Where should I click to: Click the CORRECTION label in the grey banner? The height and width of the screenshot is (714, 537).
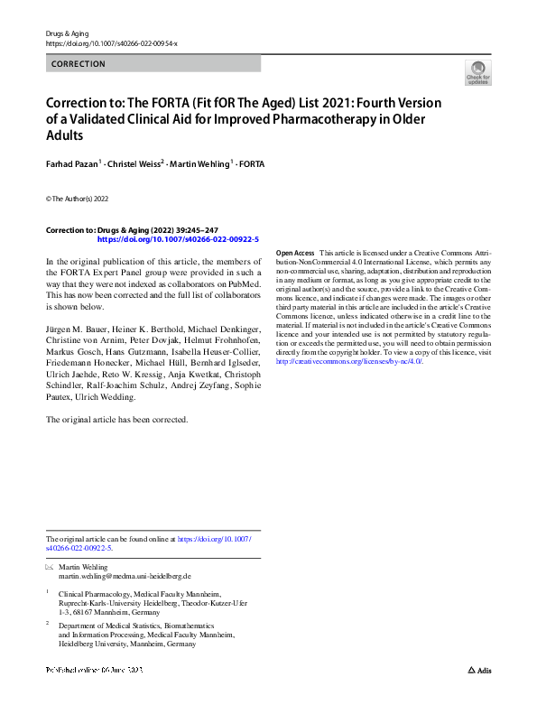point(79,64)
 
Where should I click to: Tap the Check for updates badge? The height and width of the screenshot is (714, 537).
point(477,73)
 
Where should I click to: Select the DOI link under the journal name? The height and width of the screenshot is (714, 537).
point(111,43)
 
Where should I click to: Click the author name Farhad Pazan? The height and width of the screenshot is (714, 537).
point(75,163)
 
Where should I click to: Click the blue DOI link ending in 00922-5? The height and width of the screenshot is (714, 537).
point(177,240)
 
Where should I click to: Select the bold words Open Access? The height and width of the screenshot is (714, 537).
point(295,254)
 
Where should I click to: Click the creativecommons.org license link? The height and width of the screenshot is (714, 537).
point(348,361)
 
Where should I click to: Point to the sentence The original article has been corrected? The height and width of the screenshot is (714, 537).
point(117,420)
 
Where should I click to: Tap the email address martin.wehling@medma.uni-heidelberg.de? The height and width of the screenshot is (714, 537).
point(125,576)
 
